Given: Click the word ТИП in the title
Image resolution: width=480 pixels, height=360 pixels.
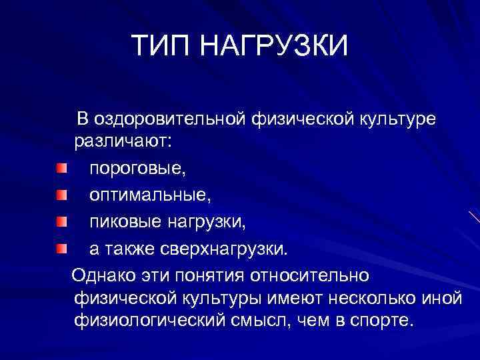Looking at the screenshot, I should pos(159,47).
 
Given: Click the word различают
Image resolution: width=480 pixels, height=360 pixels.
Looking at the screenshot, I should pos(132,142).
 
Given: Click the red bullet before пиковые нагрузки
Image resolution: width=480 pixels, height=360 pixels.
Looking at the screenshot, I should pos(61,220).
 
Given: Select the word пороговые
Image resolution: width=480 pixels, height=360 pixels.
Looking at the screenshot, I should pos(138,170).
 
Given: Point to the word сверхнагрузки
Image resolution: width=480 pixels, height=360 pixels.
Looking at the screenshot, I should pos(226,249).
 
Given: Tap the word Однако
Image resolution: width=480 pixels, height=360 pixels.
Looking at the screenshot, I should pos(105,275).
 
